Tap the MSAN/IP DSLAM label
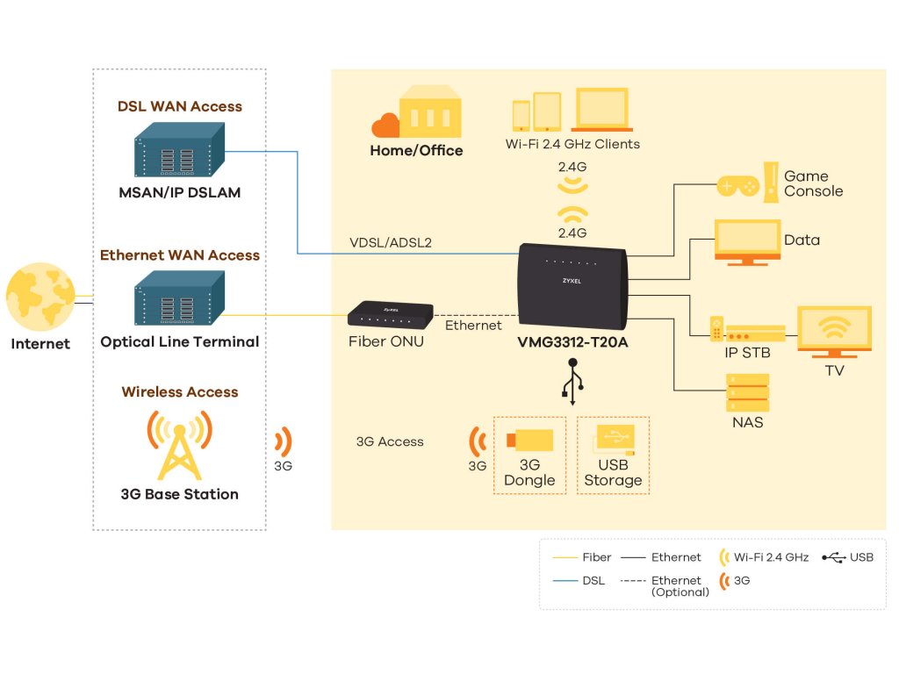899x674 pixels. click(180, 192)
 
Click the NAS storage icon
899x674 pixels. click(747, 392)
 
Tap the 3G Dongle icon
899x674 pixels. click(529, 441)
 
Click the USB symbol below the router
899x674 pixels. click(573, 384)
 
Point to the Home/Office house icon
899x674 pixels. click(428, 114)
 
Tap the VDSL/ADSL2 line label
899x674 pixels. click(391, 242)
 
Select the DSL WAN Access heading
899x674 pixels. click(180, 106)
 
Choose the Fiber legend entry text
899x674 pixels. click(596, 557)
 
